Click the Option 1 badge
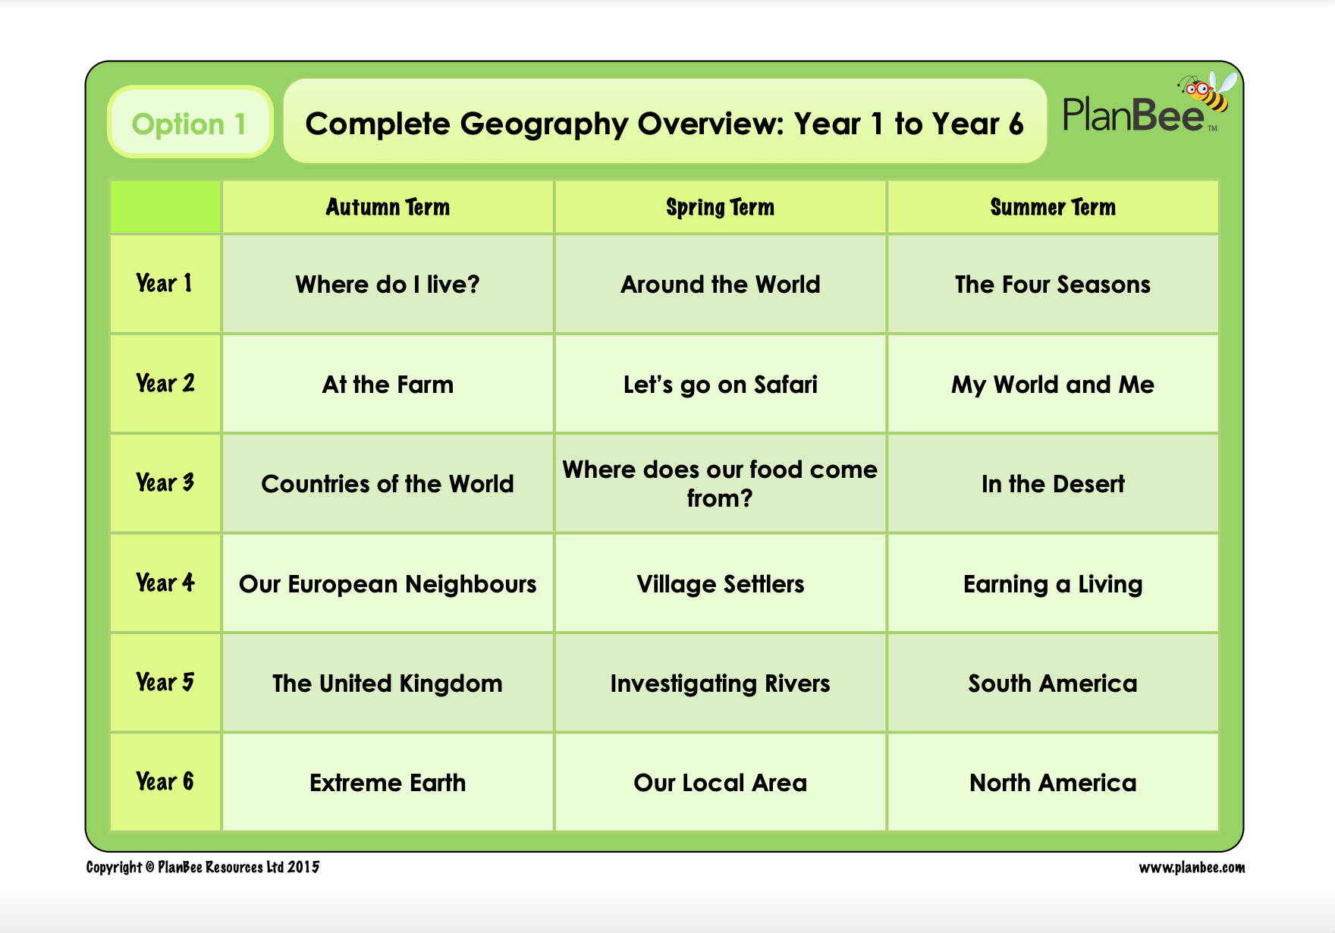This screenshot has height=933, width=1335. click(x=190, y=122)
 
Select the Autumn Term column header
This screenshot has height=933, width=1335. click(x=388, y=207)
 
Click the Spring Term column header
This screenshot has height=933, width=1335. click(x=720, y=207)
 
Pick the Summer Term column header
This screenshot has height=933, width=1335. click(x=1053, y=207)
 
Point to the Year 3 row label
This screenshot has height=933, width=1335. click(x=165, y=482)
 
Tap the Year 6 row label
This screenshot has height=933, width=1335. click(x=165, y=781)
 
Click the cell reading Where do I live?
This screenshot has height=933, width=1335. click(x=388, y=284)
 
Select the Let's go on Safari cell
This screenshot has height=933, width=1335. click(x=720, y=384)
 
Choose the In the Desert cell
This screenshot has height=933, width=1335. click(x=1053, y=483)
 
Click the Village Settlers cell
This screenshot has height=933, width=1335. click(x=720, y=583)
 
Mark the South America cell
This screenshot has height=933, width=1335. click(x=1053, y=683)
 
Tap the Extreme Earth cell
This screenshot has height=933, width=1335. click(x=388, y=782)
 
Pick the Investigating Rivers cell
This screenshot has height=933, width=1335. click(x=720, y=683)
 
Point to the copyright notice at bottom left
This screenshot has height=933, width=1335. click(x=203, y=867)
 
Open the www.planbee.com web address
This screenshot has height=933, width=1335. click(x=1192, y=867)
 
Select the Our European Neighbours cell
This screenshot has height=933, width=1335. click(x=388, y=583)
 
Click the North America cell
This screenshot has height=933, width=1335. click(x=1053, y=782)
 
